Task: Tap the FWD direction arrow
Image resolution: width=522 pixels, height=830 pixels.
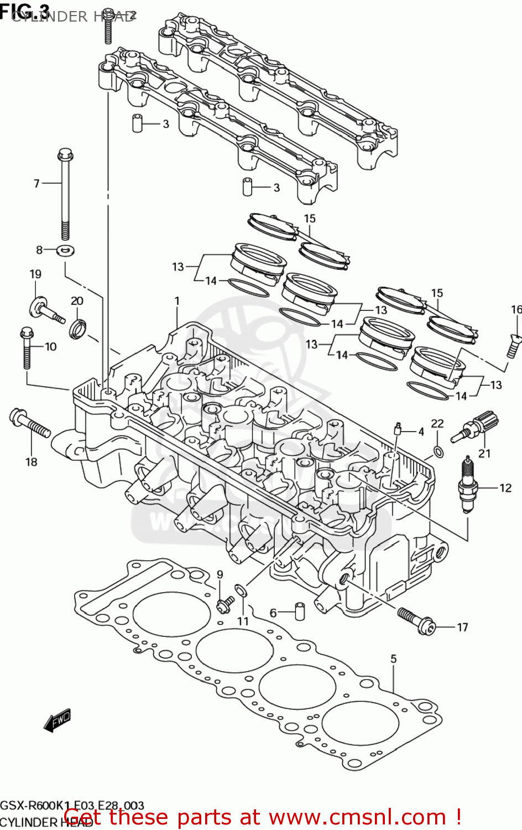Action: (x=58, y=720)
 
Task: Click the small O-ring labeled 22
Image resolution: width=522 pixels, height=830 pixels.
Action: (x=438, y=452)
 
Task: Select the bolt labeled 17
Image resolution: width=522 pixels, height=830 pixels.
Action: (x=416, y=620)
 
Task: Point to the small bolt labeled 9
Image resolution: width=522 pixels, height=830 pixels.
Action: (x=225, y=604)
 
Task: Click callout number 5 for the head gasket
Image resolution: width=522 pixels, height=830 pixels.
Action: (x=393, y=658)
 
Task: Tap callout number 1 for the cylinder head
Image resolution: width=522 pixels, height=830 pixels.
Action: (x=177, y=301)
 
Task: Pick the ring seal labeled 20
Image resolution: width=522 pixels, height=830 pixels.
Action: (x=77, y=329)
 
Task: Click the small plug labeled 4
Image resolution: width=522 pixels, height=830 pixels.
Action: (x=397, y=429)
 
